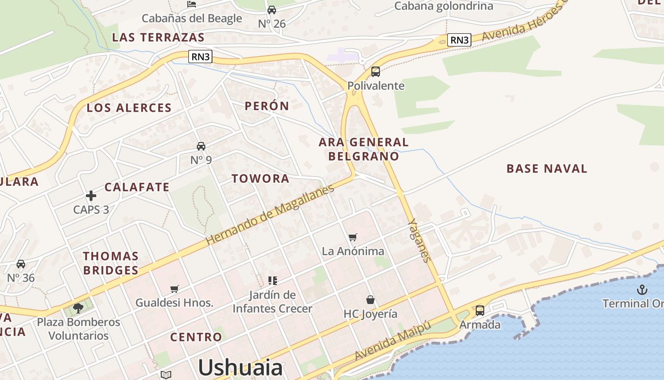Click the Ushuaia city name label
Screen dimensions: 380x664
coord(240,368)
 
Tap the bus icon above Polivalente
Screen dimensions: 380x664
coord(376,72)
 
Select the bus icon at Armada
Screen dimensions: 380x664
coord(480,311)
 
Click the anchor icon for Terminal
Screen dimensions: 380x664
coord(642,290)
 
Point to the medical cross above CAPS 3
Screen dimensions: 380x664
coord(91,195)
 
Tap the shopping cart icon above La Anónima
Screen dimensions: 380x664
coord(352,237)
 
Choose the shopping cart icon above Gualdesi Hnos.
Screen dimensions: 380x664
coord(175,289)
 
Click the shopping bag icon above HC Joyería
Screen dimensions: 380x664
coord(370,300)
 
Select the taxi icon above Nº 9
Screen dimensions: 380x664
coord(201,146)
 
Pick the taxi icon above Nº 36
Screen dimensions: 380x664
coord(21,264)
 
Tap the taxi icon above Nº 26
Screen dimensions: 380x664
coord(272,10)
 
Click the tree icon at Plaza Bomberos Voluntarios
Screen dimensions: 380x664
coord(78,308)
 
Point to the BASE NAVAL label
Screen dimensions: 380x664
coord(547,169)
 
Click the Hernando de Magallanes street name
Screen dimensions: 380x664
coord(270,215)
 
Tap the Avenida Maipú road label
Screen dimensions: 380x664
coord(393,340)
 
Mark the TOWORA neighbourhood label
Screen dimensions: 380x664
coord(260,179)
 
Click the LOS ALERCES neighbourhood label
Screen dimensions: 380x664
coord(129,108)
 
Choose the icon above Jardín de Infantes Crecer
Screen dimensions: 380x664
coord(272,281)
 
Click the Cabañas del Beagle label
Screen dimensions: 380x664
coord(192,19)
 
